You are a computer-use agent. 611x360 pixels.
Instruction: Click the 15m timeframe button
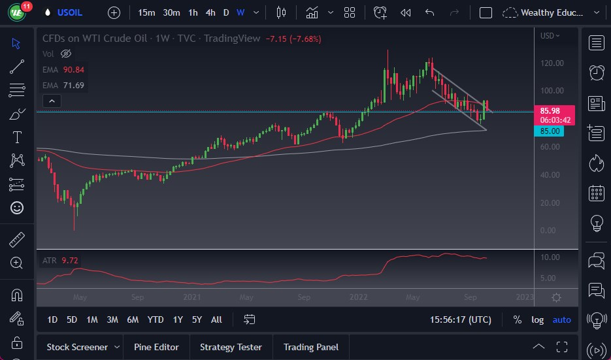point(147,12)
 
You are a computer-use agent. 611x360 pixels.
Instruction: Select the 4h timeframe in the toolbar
point(210,12)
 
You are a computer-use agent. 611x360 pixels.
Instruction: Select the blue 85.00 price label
point(551,131)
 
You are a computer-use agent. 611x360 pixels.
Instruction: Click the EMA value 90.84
point(73,69)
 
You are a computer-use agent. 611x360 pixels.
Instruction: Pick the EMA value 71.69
point(73,85)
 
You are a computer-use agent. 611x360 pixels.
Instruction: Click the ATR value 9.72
point(69,261)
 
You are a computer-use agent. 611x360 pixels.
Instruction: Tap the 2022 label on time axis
point(359,297)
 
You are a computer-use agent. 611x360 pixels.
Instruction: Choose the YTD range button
point(156,319)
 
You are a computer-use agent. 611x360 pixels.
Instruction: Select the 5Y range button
point(197,319)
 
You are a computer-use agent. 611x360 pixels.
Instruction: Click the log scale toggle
point(538,319)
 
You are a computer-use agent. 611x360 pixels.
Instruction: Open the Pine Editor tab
point(157,347)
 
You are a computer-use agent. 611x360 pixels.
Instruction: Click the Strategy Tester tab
point(231,347)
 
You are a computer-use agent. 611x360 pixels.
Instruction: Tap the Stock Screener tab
point(78,347)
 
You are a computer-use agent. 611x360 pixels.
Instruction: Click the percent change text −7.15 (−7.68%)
point(293,39)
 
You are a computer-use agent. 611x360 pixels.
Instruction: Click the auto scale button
point(561,319)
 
